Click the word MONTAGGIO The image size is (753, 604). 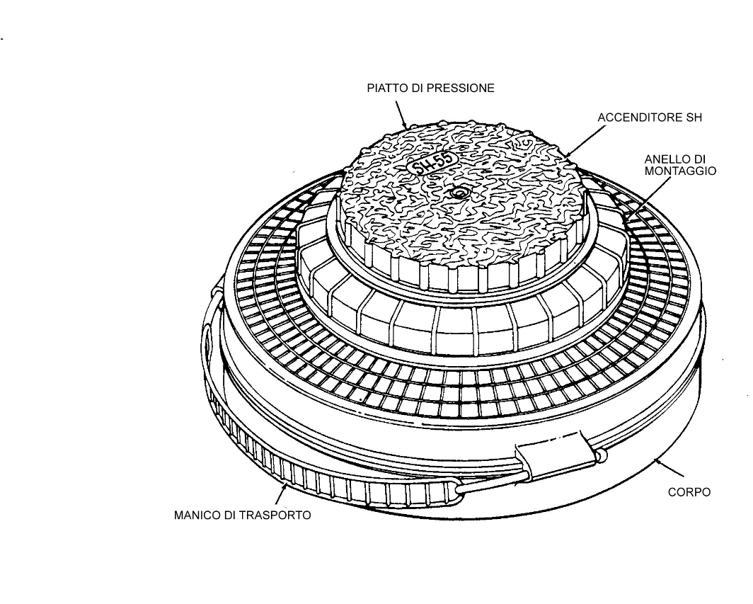pyautogui.click(x=680, y=171)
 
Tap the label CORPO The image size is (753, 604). pyautogui.click(x=689, y=492)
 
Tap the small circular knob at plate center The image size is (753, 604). pyautogui.click(x=459, y=193)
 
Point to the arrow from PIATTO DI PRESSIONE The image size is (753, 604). pyautogui.click(x=401, y=115)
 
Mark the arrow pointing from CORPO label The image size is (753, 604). pyautogui.click(x=669, y=467)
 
